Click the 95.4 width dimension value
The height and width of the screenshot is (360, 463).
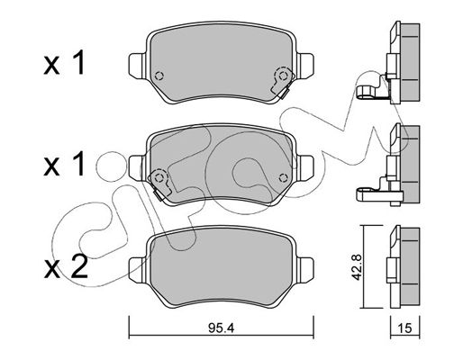tap(221, 328)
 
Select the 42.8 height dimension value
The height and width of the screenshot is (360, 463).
tap(357, 266)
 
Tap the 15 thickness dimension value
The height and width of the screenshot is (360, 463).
tap(405, 328)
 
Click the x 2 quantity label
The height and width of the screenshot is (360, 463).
tap(66, 266)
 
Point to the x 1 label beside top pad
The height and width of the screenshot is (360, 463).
tap(64, 63)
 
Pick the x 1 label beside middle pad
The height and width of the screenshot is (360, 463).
tap(64, 164)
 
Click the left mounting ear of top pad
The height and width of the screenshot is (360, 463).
tap(137, 67)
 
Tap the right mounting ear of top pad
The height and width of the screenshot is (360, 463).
tap(305, 66)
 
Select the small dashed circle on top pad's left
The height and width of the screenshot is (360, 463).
tap(159, 76)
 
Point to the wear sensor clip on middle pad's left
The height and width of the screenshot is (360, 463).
tap(159, 184)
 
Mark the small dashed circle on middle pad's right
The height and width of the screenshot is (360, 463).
tap(283, 178)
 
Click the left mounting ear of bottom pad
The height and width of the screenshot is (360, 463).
tap(137, 269)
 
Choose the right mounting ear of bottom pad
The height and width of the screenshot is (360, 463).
tap(305, 269)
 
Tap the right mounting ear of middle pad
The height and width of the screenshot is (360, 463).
tap(305, 167)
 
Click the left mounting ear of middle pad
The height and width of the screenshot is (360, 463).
tap(137, 167)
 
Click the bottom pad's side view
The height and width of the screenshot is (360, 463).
tap(404, 266)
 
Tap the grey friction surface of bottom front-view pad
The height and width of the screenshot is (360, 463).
tap(221, 266)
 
